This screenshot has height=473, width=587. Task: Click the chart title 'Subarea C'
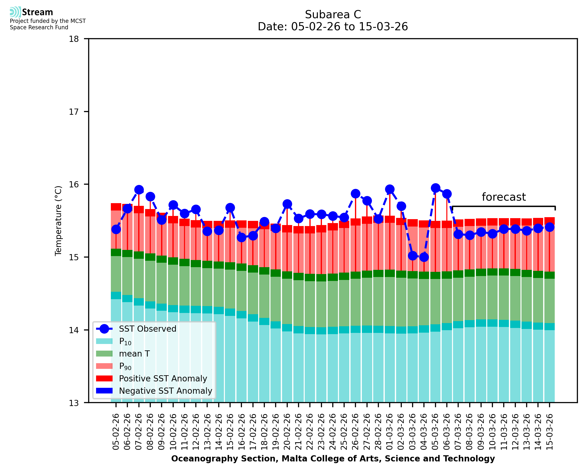pos(333,15)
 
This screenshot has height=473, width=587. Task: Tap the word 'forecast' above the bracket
pos(503,197)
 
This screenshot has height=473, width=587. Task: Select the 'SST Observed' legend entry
pos(148,329)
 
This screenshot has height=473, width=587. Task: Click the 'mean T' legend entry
pos(134,354)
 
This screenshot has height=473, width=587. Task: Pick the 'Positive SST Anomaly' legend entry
pos(163,378)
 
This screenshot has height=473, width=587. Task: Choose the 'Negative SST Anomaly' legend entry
pos(166,391)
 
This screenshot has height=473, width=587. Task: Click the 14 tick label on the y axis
pos(74,330)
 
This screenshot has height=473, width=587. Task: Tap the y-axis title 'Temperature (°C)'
pos(58,221)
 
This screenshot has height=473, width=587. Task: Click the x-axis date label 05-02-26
pos(116,432)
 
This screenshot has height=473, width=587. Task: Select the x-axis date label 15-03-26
pos(550,432)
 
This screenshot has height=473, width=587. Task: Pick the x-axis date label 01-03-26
pos(390,432)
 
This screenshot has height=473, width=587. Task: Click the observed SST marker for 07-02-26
pos(139,190)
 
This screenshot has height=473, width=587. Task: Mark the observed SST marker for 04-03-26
pos(424,257)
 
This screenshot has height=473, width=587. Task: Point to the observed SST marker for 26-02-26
pos(355,194)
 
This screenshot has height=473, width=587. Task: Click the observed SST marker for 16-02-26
pos(241,238)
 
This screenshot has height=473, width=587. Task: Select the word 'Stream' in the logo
pos(38,12)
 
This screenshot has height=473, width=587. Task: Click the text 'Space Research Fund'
pos(39,27)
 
